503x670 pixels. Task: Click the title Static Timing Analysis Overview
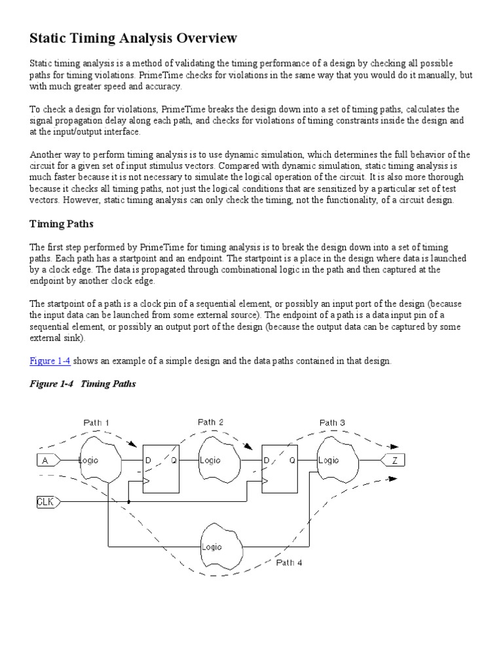134,39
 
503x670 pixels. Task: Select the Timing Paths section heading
62,224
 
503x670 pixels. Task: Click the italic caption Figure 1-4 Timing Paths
83,383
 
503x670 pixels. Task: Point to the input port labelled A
46,461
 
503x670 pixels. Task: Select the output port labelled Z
394,461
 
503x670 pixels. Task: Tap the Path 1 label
96,423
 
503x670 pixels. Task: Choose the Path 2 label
210,423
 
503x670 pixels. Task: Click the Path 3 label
332,423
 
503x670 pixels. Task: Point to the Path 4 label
289,562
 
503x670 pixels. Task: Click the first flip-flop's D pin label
148,461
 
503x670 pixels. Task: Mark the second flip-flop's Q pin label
292,461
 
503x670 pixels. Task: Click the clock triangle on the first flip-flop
147,484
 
